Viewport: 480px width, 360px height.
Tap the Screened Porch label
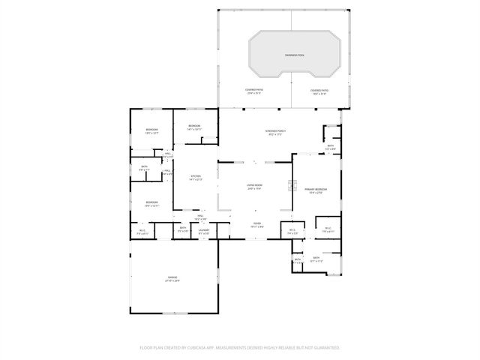point(277,130)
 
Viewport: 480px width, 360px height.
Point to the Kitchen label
point(195,176)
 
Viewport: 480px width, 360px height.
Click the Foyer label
point(256,223)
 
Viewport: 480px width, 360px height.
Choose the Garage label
point(172,277)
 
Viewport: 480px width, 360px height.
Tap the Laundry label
point(203,229)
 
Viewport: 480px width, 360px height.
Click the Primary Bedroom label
point(316,189)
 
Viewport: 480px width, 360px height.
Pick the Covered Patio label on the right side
point(319,89)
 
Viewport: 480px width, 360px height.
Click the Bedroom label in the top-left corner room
point(152,130)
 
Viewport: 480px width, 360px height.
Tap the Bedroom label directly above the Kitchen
point(194,125)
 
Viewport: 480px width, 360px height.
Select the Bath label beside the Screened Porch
point(330,145)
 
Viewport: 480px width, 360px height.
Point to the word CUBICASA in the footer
point(214,348)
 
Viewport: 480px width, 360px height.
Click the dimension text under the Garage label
point(172,281)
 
